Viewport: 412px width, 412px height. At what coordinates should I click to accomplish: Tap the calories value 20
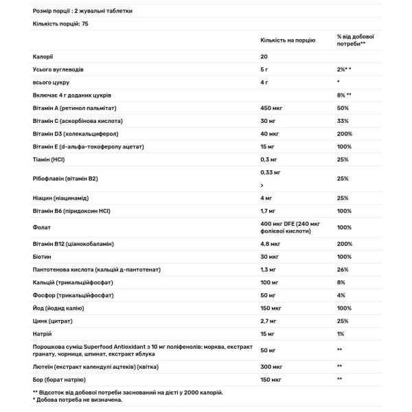[x=264, y=57]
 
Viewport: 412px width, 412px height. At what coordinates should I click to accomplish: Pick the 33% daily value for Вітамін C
[x=343, y=121]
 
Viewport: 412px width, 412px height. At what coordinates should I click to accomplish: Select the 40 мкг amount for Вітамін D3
[x=269, y=134]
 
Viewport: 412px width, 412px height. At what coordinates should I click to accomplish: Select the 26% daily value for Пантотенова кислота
[x=343, y=269]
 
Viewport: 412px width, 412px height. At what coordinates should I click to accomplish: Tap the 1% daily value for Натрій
[x=341, y=334]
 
